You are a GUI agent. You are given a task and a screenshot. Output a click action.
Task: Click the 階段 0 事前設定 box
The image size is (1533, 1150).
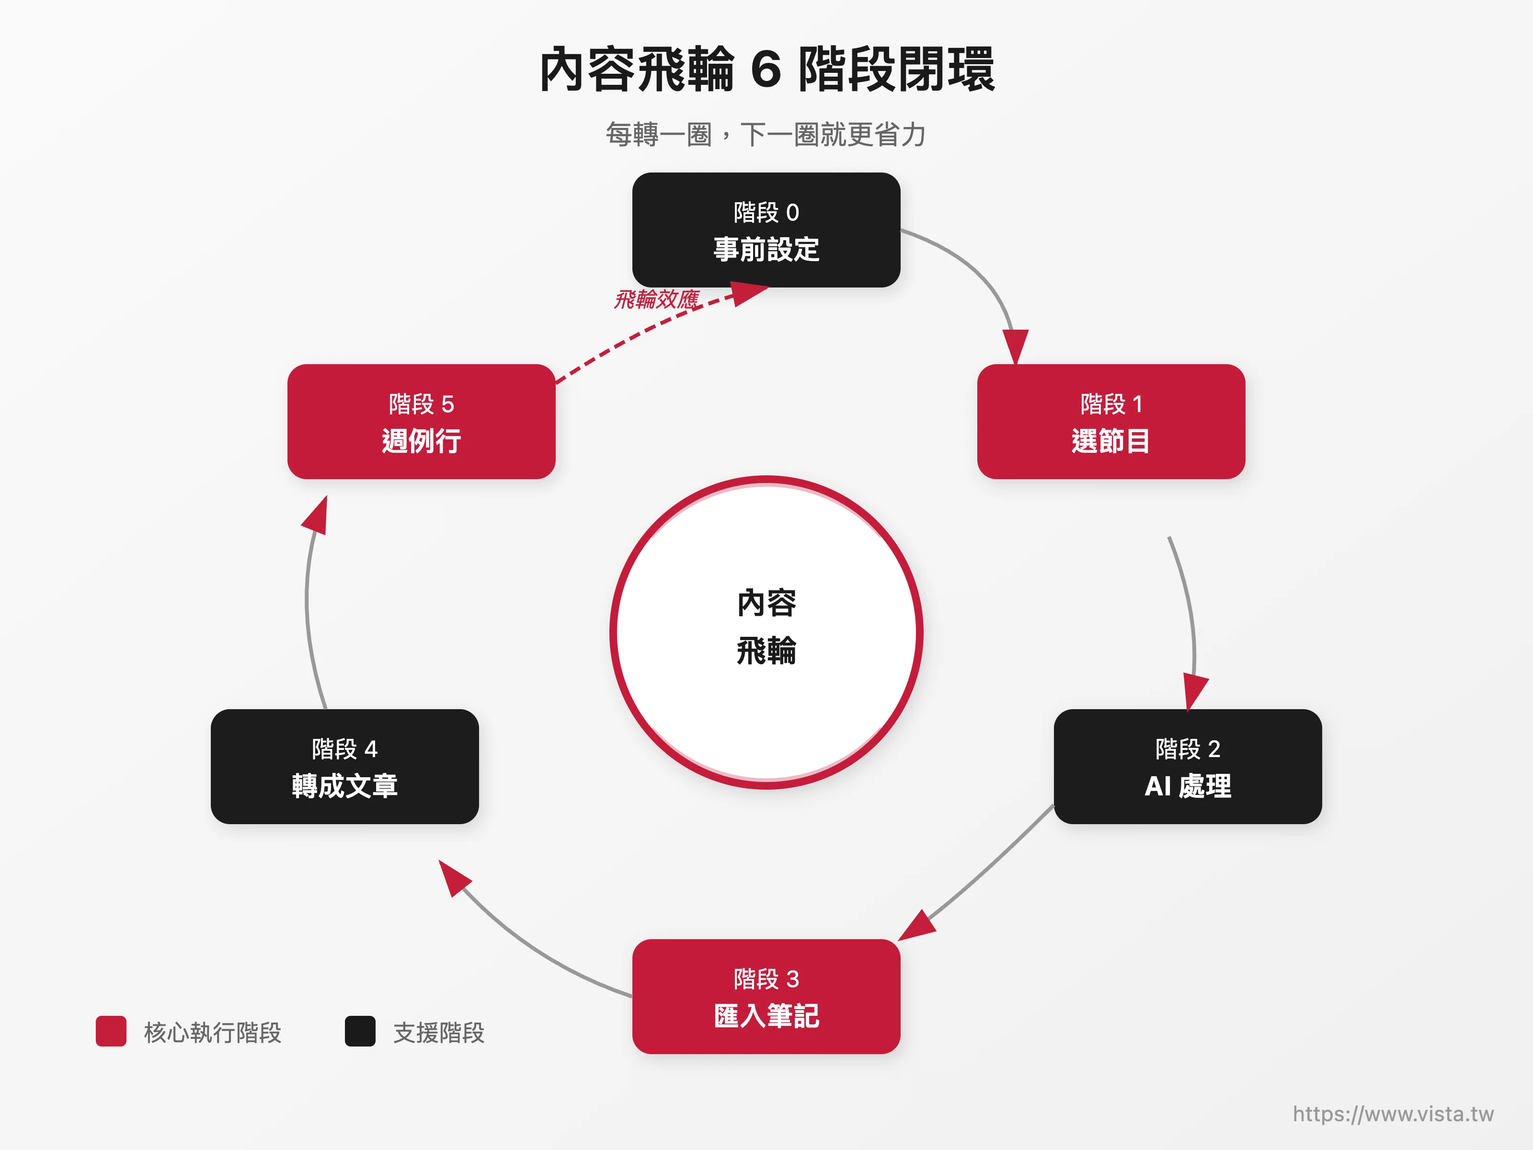point(766,230)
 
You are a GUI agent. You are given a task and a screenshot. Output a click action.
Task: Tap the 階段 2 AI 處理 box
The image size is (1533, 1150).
point(1187,766)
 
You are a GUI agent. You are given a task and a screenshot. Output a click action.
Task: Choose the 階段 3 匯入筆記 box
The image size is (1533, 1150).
point(766,996)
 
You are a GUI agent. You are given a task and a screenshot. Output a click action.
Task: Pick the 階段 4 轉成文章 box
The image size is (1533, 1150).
point(344,766)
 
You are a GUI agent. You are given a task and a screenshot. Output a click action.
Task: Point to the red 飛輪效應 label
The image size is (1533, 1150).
point(656,299)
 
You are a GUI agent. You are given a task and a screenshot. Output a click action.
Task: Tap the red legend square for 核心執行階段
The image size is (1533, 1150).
point(111,1032)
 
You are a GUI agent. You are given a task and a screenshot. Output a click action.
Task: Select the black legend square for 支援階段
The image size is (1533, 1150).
point(360,1032)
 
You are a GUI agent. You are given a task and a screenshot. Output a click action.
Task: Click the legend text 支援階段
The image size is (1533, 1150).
point(439,1033)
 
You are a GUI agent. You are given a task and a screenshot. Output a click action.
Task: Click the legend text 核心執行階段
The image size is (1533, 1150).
point(212,1033)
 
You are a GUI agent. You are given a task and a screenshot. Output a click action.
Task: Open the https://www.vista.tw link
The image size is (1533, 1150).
point(1393,1114)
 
